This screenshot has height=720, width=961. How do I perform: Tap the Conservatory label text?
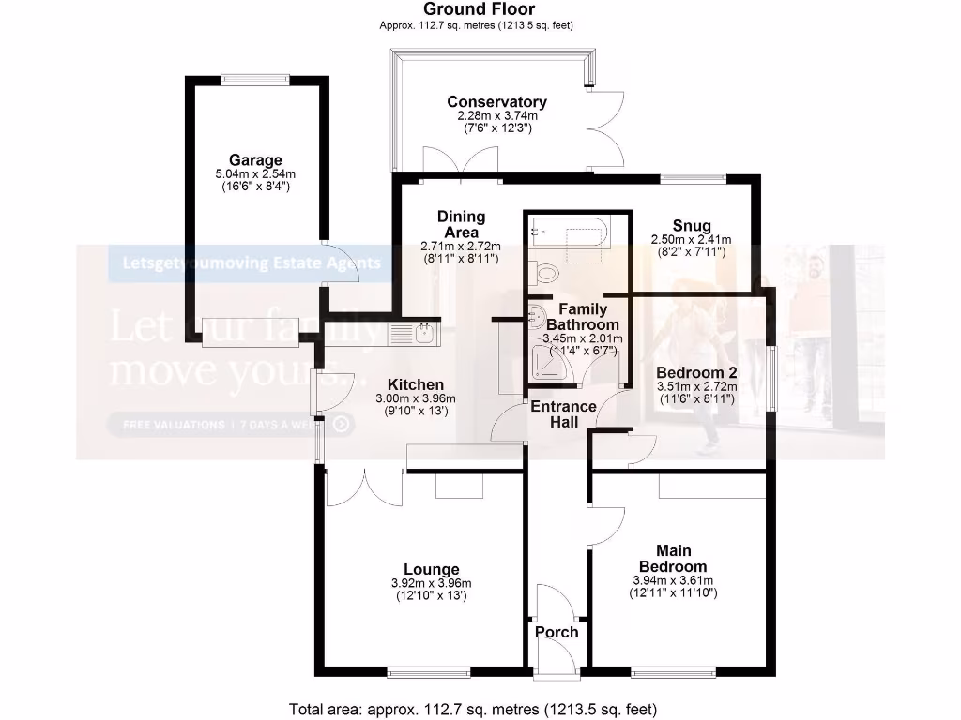coord(496,102)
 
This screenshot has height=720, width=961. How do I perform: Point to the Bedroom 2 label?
coord(696,372)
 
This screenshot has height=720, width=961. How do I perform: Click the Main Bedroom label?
coord(672,559)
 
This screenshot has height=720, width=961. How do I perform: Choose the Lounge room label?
coord(431,569)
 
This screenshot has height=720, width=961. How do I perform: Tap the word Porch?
coord(557,632)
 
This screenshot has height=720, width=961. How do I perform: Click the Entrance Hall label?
coord(563,414)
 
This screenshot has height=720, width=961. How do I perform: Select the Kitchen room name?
coord(415,384)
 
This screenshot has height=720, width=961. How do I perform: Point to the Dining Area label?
coord(461,225)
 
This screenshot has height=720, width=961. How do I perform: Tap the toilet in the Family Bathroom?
coord(544,274)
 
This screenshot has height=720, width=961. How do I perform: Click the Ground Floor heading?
coord(480,9)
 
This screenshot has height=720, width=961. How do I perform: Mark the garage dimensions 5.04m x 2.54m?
coord(254,174)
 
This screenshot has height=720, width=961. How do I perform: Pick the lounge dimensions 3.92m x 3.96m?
coord(431,583)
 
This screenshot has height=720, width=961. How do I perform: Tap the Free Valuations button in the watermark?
coord(231,425)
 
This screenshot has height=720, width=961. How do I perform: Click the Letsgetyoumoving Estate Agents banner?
coord(246,263)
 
